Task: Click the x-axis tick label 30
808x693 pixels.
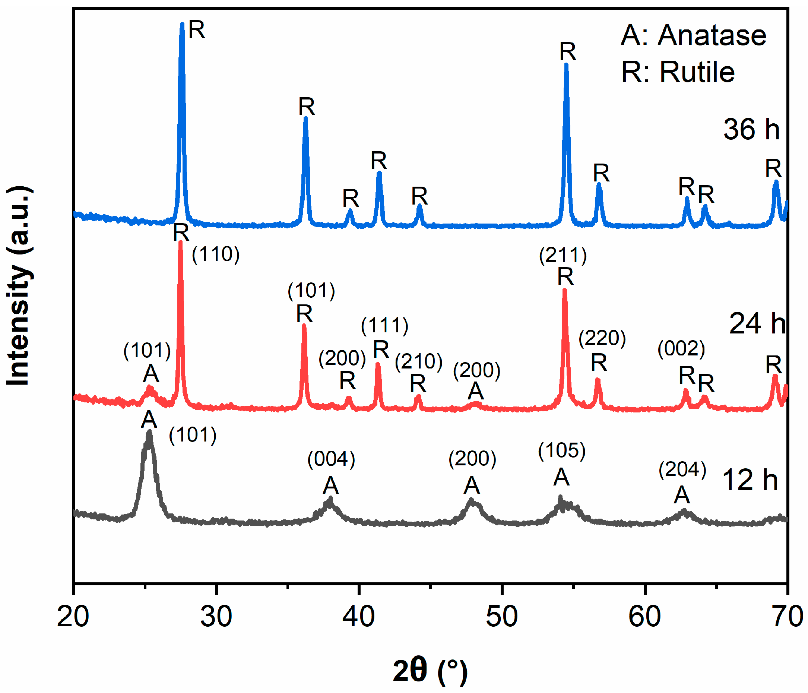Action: coord(216,617)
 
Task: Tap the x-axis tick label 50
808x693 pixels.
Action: coord(501,617)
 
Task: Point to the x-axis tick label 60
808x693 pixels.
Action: coord(644,617)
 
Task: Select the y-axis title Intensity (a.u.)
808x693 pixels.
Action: coord(18,287)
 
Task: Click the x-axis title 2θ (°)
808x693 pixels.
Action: coord(430,670)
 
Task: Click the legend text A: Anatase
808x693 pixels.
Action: coord(693,35)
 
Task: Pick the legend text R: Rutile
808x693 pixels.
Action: coord(678,72)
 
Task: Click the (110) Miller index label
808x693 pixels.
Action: coord(216,254)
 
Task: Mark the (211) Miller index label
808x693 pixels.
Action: coord(563,256)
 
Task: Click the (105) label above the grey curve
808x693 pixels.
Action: coord(561,451)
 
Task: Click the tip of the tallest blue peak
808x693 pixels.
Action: coord(182,24)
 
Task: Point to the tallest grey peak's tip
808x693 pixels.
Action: coord(149,432)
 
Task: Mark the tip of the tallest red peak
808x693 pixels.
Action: coord(180,242)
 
